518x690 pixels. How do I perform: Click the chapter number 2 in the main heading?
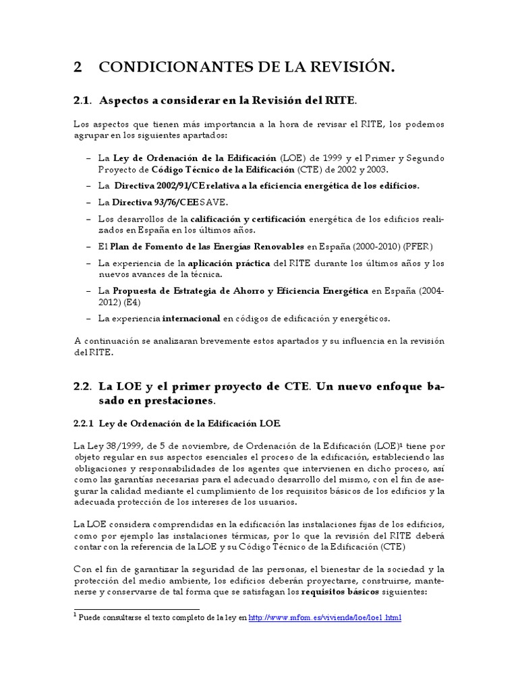pos(78,67)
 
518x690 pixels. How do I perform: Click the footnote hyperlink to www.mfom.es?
pos(325,617)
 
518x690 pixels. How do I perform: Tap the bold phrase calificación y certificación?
pos(248,219)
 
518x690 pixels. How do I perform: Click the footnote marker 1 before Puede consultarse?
pos(76,615)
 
